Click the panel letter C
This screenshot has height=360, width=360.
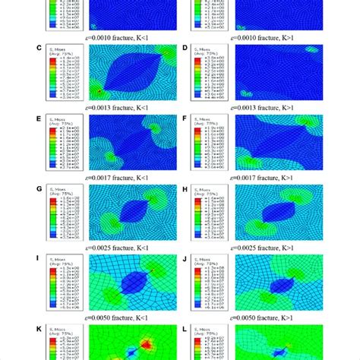(x=38, y=46)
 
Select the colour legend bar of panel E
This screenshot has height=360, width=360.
(x=50, y=149)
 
